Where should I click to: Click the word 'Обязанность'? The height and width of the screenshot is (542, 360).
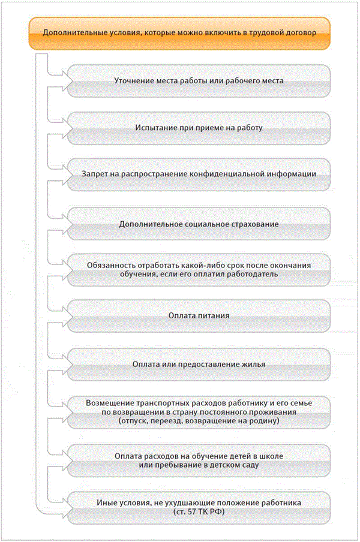[x=113, y=265]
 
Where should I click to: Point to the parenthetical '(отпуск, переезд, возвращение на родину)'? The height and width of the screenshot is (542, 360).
[x=199, y=421]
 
